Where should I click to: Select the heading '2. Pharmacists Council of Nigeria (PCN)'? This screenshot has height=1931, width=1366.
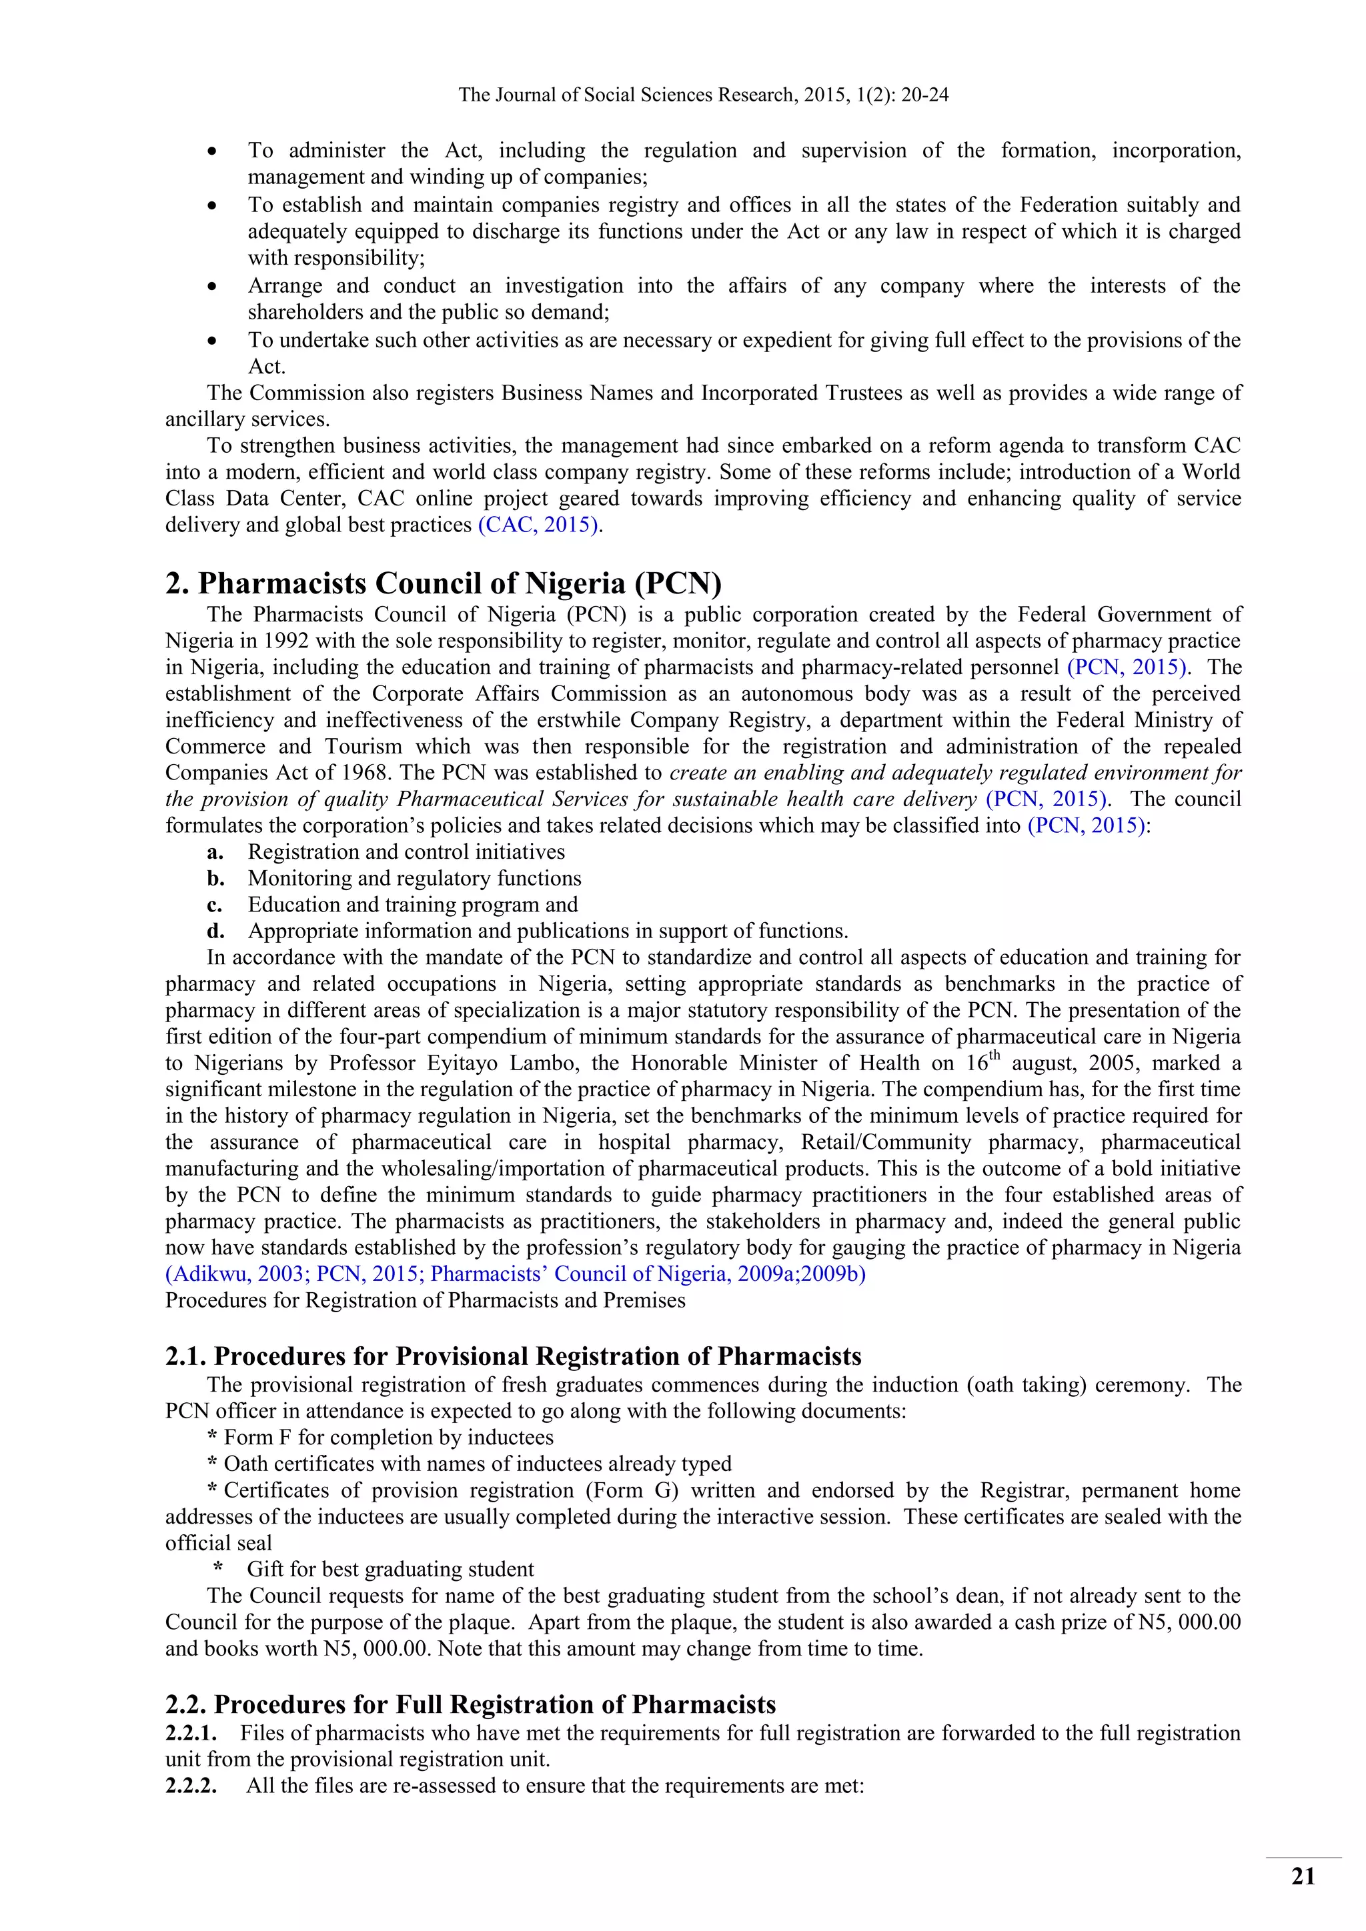tap(444, 583)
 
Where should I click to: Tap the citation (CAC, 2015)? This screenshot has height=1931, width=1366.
tap(539, 525)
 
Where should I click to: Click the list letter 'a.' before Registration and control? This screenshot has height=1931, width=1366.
tap(215, 852)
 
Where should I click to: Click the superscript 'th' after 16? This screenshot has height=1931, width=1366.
tap(994, 1056)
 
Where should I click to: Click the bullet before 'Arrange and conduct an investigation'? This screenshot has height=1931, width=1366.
tap(213, 287)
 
